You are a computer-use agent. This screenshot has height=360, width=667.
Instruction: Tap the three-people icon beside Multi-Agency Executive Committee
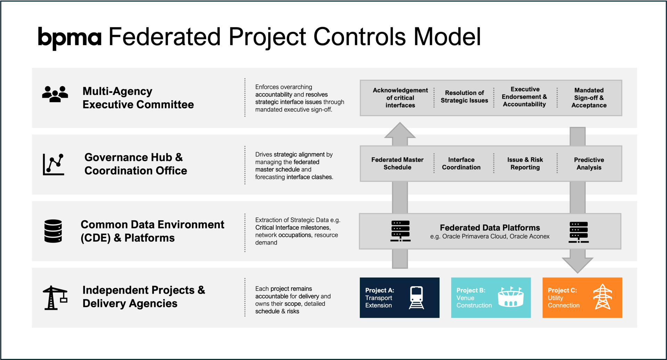[55, 94]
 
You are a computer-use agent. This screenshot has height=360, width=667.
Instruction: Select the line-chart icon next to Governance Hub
[53, 164]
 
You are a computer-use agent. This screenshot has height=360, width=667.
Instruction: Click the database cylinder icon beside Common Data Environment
[53, 231]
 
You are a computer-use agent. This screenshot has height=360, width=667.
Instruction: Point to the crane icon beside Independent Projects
[55, 298]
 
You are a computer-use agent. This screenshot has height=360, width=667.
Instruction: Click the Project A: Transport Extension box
[400, 297]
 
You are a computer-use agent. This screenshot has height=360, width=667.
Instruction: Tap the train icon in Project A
[417, 297]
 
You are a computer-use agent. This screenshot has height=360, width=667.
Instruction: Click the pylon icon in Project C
[602, 297]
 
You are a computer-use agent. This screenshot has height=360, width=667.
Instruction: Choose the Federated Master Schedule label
[397, 163]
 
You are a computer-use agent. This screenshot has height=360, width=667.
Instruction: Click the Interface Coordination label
[461, 163]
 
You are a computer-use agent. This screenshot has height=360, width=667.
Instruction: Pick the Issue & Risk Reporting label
[525, 163]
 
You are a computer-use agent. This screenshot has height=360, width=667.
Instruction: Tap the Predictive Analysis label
[589, 163]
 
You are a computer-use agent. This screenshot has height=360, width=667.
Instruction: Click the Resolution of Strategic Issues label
[464, 97]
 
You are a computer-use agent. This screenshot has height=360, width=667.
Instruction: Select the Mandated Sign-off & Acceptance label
[589, 98]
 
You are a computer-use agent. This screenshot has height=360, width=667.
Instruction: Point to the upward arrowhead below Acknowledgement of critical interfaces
[400, 130]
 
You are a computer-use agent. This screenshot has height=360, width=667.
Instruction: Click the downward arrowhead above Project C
[578, 265]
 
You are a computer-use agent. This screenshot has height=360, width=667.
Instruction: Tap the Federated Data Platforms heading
[490, 228]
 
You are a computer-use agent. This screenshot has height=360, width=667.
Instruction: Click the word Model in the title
[447, 36]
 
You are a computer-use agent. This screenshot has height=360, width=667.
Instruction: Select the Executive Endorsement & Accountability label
[525, 97]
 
